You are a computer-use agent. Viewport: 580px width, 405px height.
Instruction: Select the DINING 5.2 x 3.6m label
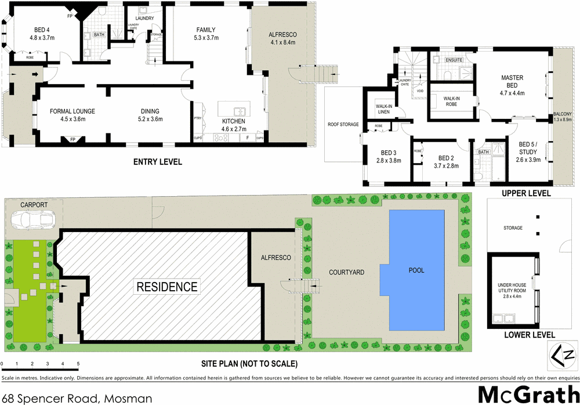[x=150, y=115]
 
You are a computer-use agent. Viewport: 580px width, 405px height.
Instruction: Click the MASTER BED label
[x=512, y=81]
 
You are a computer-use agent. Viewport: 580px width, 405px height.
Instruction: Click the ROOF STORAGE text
[x=343, y=124]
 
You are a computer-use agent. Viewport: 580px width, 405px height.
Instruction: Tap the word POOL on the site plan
[x=416, y=270]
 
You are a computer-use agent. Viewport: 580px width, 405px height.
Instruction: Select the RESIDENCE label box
[x=166, y=286]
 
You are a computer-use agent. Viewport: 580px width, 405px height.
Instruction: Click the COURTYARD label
[x=346, y=272]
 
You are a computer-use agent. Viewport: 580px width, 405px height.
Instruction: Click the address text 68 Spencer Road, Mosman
[x=77, y=398]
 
